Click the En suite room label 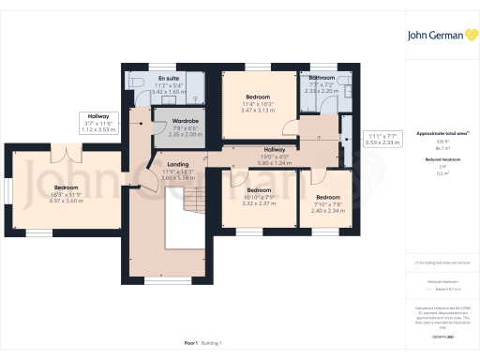pos(169,79)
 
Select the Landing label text pos(177,164)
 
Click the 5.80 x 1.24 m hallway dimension pos(275,162)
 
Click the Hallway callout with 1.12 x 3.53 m pos(98,129)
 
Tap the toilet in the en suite pos(139,82)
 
